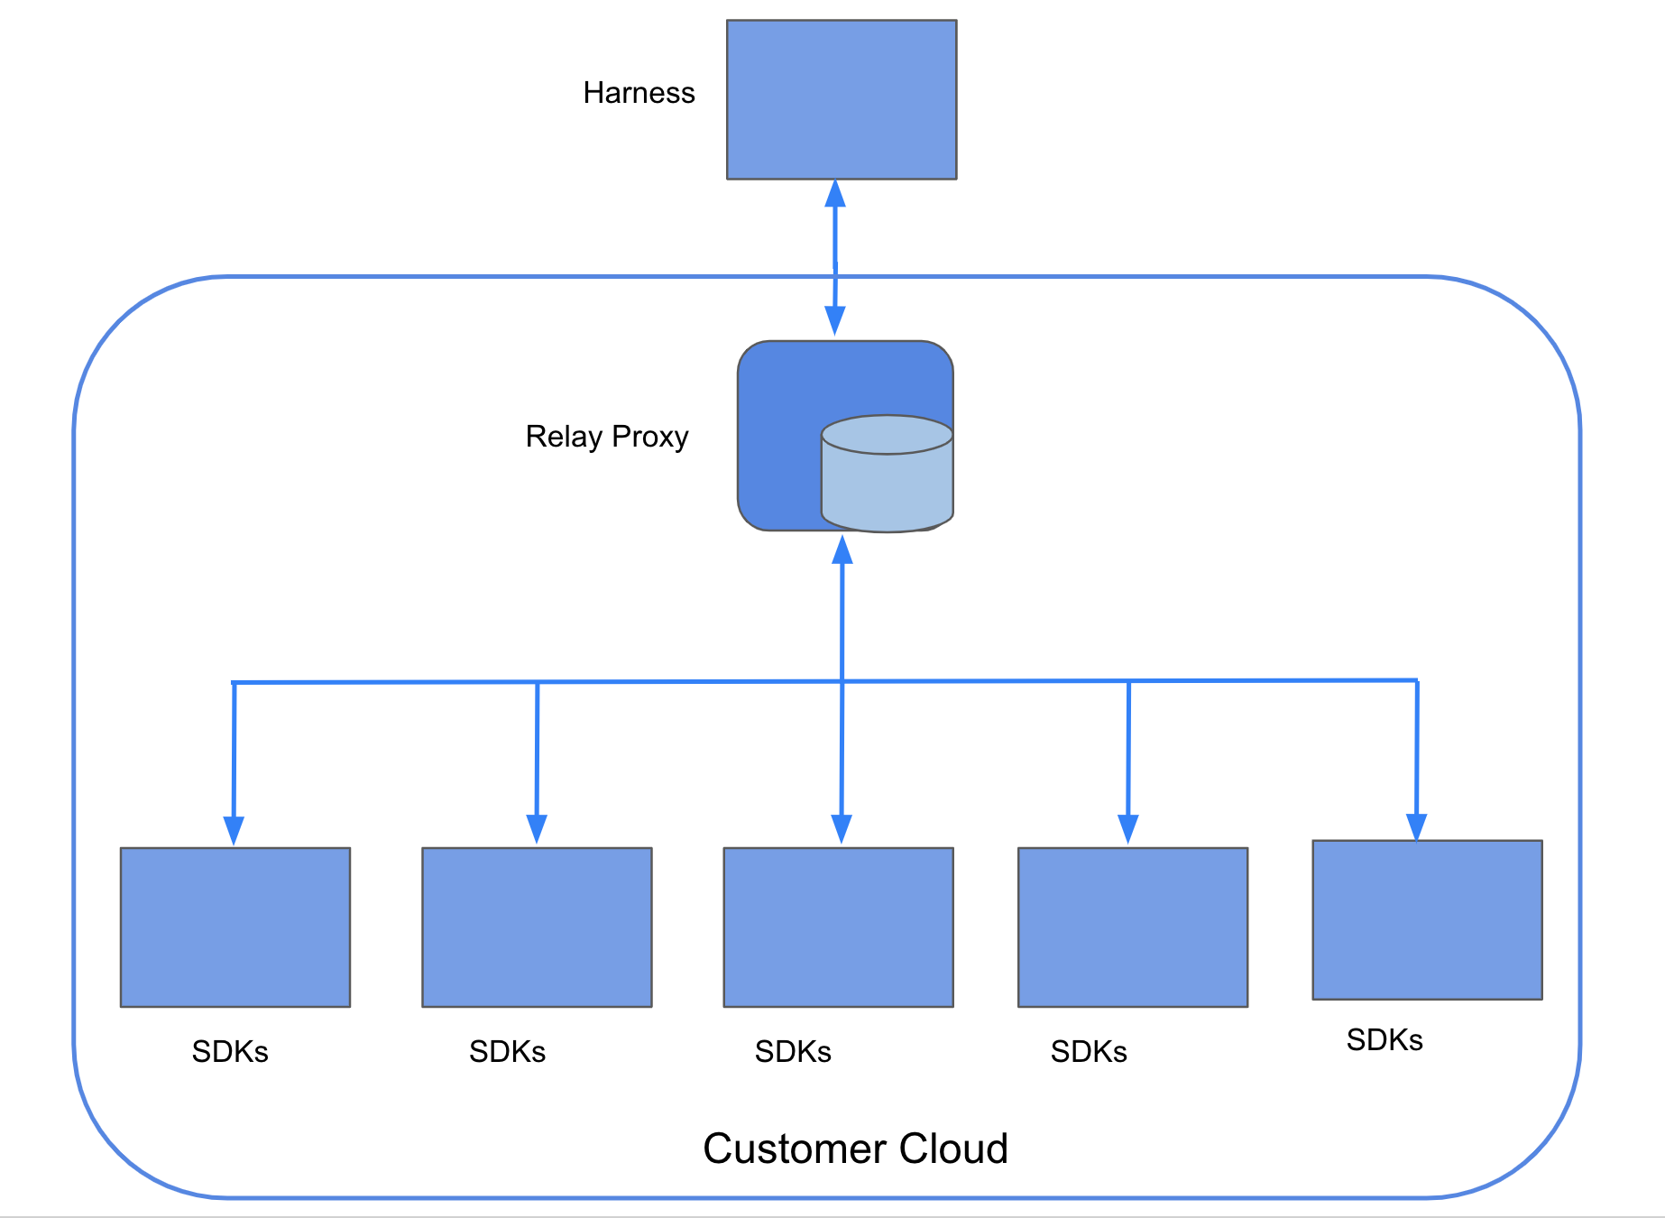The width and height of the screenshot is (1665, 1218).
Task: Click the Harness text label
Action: pyautogui.click(x=639, y=93)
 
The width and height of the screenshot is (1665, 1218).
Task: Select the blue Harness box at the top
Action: pyautogui.click(x=841, y=99)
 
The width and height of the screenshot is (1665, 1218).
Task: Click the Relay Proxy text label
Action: pyautogui.click(x=606, y=437)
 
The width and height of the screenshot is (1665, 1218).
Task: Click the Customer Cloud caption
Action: pyautogui.click(x=854, y=1149)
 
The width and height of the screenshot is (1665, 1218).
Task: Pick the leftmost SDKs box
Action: pyautogui.click(x=235, y=927)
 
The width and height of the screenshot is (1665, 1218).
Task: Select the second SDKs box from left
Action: pyautogui.click(x=537, y=927)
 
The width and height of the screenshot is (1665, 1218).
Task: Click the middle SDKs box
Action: pyautogui.click(x=838, y=927)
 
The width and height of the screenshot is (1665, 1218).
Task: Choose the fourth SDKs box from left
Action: pyautogui.click(x=1132, y=927)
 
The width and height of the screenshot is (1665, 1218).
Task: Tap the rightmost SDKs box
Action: pyautogui.click(x=1427, y=919)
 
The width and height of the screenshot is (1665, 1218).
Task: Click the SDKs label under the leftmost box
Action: pyautogui.click(x=230, y=1052)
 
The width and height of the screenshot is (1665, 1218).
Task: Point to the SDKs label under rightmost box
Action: pyautogui.click(x=1384, y=1040)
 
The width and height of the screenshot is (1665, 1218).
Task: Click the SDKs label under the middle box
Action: pyautogui.click(x=793, y=1052)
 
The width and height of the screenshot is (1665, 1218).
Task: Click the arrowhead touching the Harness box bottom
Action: pyautogui.click(x=835, y=193)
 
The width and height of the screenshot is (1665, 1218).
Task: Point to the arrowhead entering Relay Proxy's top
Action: pyautogui.click(x=835, y=320)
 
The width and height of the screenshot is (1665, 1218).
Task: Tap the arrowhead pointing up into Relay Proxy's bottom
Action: pyautogui.click(x=842, y=549)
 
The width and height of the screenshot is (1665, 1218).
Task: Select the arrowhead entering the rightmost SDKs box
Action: pyautogui.click(x=1416, y=826)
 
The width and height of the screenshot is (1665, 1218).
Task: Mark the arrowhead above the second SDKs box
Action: pyautogui.click(x=537, y=828)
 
